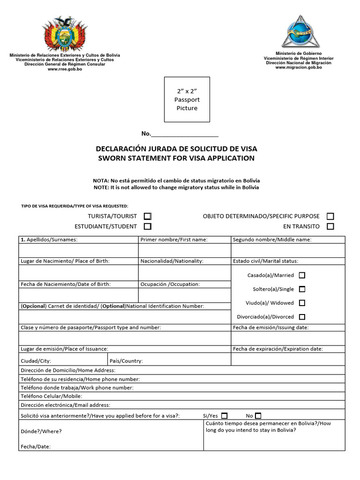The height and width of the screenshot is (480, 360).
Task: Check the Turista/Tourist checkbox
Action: coord(148,216)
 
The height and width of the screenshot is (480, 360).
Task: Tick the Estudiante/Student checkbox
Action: coord(148,226)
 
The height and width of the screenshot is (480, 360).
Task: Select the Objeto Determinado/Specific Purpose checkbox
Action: coord(330,216)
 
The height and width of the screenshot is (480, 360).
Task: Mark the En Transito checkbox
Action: coord(330,226)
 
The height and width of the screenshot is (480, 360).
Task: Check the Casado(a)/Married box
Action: coord(302,275)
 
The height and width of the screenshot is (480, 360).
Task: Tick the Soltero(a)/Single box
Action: coord(302,289)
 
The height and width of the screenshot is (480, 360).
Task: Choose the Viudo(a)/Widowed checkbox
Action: coord(302,303)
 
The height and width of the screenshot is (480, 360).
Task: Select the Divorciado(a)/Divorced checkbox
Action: coord(302,317)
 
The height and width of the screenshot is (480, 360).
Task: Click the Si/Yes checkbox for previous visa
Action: coord(225,415)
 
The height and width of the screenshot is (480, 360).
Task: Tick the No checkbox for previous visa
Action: coord(258,415)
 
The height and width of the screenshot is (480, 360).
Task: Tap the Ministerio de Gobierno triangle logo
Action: coord(299,30)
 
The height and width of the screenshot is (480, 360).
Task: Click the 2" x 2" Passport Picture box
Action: coord(187,99)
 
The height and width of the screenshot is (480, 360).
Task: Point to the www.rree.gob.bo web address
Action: coord(65,69)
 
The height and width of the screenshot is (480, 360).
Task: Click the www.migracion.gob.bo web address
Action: coord(299,67)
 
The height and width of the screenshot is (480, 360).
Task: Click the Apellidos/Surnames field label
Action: coord(49,240)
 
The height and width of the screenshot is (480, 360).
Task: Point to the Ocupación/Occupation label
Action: coord(170,284)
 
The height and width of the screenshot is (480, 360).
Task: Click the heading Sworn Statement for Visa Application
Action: coord(176,158)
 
